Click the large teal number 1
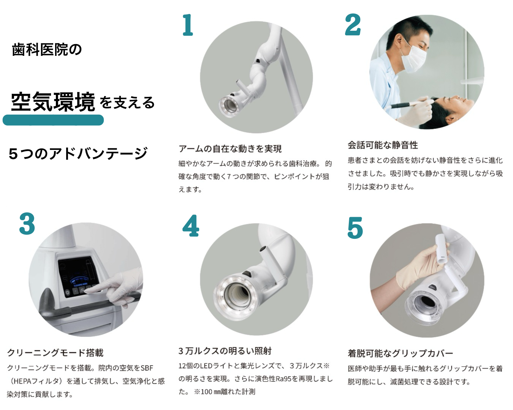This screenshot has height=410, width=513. point(188,25)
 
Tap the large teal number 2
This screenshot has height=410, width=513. point(353,25)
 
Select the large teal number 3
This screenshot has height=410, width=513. point(27,224)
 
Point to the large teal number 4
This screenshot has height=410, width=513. point(190,225)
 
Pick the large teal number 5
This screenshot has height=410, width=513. point(355,227)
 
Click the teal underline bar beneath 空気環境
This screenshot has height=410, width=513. point(53,120)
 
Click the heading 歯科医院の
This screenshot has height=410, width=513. point(47,50)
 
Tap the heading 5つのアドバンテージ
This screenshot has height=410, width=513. point(78,154)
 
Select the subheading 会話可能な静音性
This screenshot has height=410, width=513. point(383,145)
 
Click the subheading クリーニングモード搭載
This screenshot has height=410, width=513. point(55,353)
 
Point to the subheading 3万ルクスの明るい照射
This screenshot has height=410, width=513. point(225,351)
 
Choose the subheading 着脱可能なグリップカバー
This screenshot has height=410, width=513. point(400,353)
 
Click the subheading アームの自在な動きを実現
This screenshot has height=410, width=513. point(230,149)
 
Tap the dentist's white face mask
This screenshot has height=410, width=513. point(413,59)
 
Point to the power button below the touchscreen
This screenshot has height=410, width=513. point(68,292)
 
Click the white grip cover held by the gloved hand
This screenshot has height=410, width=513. point(442,249)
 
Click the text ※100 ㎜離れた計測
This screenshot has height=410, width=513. point(224,391)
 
